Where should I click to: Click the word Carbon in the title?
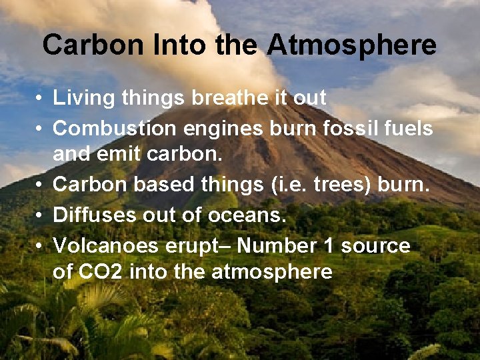93,45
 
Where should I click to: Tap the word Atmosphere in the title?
352,45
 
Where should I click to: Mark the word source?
375,246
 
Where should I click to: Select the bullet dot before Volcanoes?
41,246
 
